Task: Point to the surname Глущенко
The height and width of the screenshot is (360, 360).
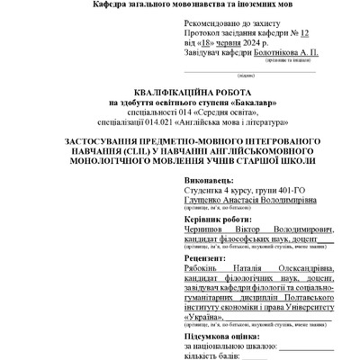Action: (209, 202)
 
